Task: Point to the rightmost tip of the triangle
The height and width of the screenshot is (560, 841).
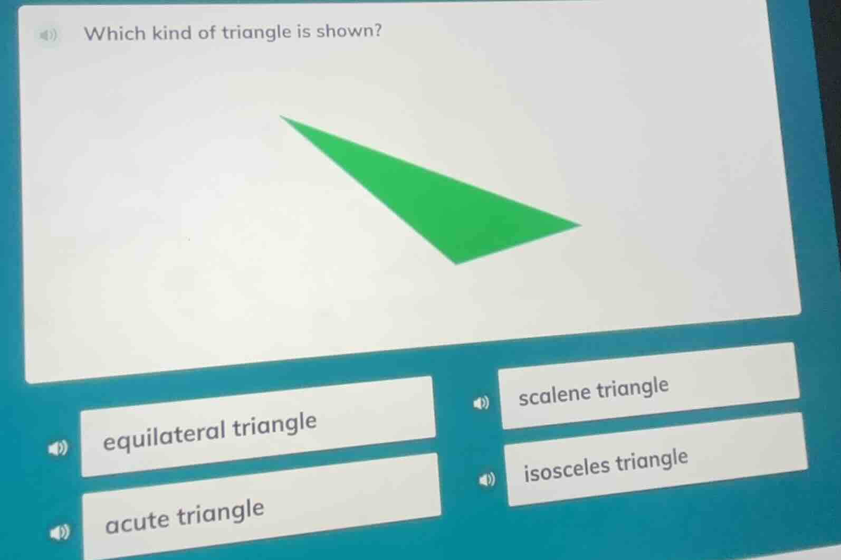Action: [579, 225]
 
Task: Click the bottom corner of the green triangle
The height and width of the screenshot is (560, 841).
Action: [457, 263]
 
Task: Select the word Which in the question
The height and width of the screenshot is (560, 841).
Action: [114, 34]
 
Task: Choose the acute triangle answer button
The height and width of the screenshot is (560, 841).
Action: [261, 507]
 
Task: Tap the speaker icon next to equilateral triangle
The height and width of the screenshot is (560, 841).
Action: [58, 449]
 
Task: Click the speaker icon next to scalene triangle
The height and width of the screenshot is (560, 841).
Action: [481, 404]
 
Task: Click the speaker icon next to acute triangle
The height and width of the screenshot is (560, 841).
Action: [59, 533]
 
